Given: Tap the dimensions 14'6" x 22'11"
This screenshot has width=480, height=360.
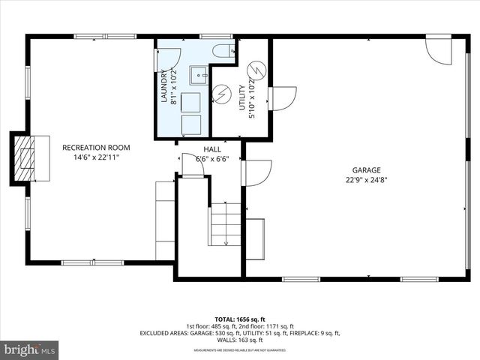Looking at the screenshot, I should point(96,157).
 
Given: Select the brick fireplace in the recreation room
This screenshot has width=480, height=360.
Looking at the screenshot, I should point(28,158).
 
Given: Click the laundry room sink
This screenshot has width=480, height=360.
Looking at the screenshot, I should point(199,75).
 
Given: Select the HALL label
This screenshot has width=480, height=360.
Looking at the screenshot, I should point(212,149).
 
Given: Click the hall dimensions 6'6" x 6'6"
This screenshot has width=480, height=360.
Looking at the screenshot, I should point(212,159).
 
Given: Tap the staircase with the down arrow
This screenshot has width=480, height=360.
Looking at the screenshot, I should point(226,224).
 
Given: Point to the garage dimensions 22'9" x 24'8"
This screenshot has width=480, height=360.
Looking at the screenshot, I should point(367,180).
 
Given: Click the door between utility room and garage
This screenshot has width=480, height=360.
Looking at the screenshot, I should point(283,98).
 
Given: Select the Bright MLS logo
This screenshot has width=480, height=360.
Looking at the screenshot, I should point(30,349).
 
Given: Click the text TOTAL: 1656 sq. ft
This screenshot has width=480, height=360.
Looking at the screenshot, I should point(240,319).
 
